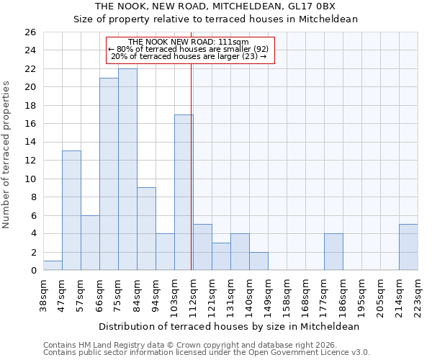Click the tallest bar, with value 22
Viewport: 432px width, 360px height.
[127, 169]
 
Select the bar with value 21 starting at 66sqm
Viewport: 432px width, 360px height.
[109, 174]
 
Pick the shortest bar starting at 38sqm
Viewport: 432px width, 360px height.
[53, 266]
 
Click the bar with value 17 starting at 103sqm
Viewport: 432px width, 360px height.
[184, 192]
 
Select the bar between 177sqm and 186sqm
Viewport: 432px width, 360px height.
[333, 252]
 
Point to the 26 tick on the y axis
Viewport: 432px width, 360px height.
[30, 32]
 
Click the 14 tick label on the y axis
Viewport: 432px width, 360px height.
[30, 143]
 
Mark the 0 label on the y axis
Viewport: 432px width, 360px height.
[32, 271]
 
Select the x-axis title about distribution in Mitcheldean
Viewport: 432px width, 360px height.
[229, 326]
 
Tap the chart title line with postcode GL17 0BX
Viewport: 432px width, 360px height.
[216, 6]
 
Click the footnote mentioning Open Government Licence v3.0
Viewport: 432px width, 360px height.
[207, 353]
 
